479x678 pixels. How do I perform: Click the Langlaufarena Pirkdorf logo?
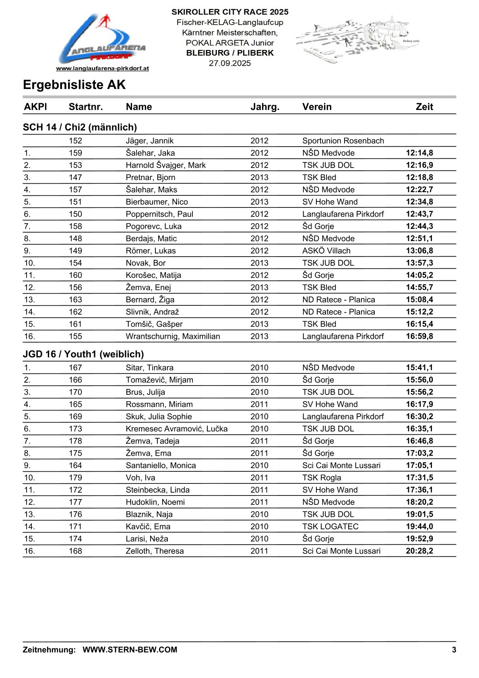[102, 40]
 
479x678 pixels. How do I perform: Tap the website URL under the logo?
[102, 68]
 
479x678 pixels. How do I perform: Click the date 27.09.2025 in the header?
[230, 63]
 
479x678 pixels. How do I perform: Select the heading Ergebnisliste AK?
[74, 85]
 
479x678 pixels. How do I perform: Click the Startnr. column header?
[86, 107]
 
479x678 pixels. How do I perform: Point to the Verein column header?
[317, 107]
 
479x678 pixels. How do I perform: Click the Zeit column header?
[424, 107]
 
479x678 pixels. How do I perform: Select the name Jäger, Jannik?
[150, 141]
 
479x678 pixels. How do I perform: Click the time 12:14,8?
[419, 153]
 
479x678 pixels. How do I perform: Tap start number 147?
[75, 177]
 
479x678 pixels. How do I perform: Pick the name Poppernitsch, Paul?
[159, 214]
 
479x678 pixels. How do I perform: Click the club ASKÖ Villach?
[326, 251]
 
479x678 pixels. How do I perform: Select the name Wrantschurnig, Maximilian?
[173, 336]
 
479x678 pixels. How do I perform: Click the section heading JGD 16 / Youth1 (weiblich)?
[83, 354]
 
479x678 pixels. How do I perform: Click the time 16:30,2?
[419, 416]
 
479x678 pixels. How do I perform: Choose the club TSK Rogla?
[322, 477]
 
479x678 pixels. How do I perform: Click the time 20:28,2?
[419, 551]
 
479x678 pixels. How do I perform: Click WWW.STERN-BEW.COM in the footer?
[130, 649]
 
